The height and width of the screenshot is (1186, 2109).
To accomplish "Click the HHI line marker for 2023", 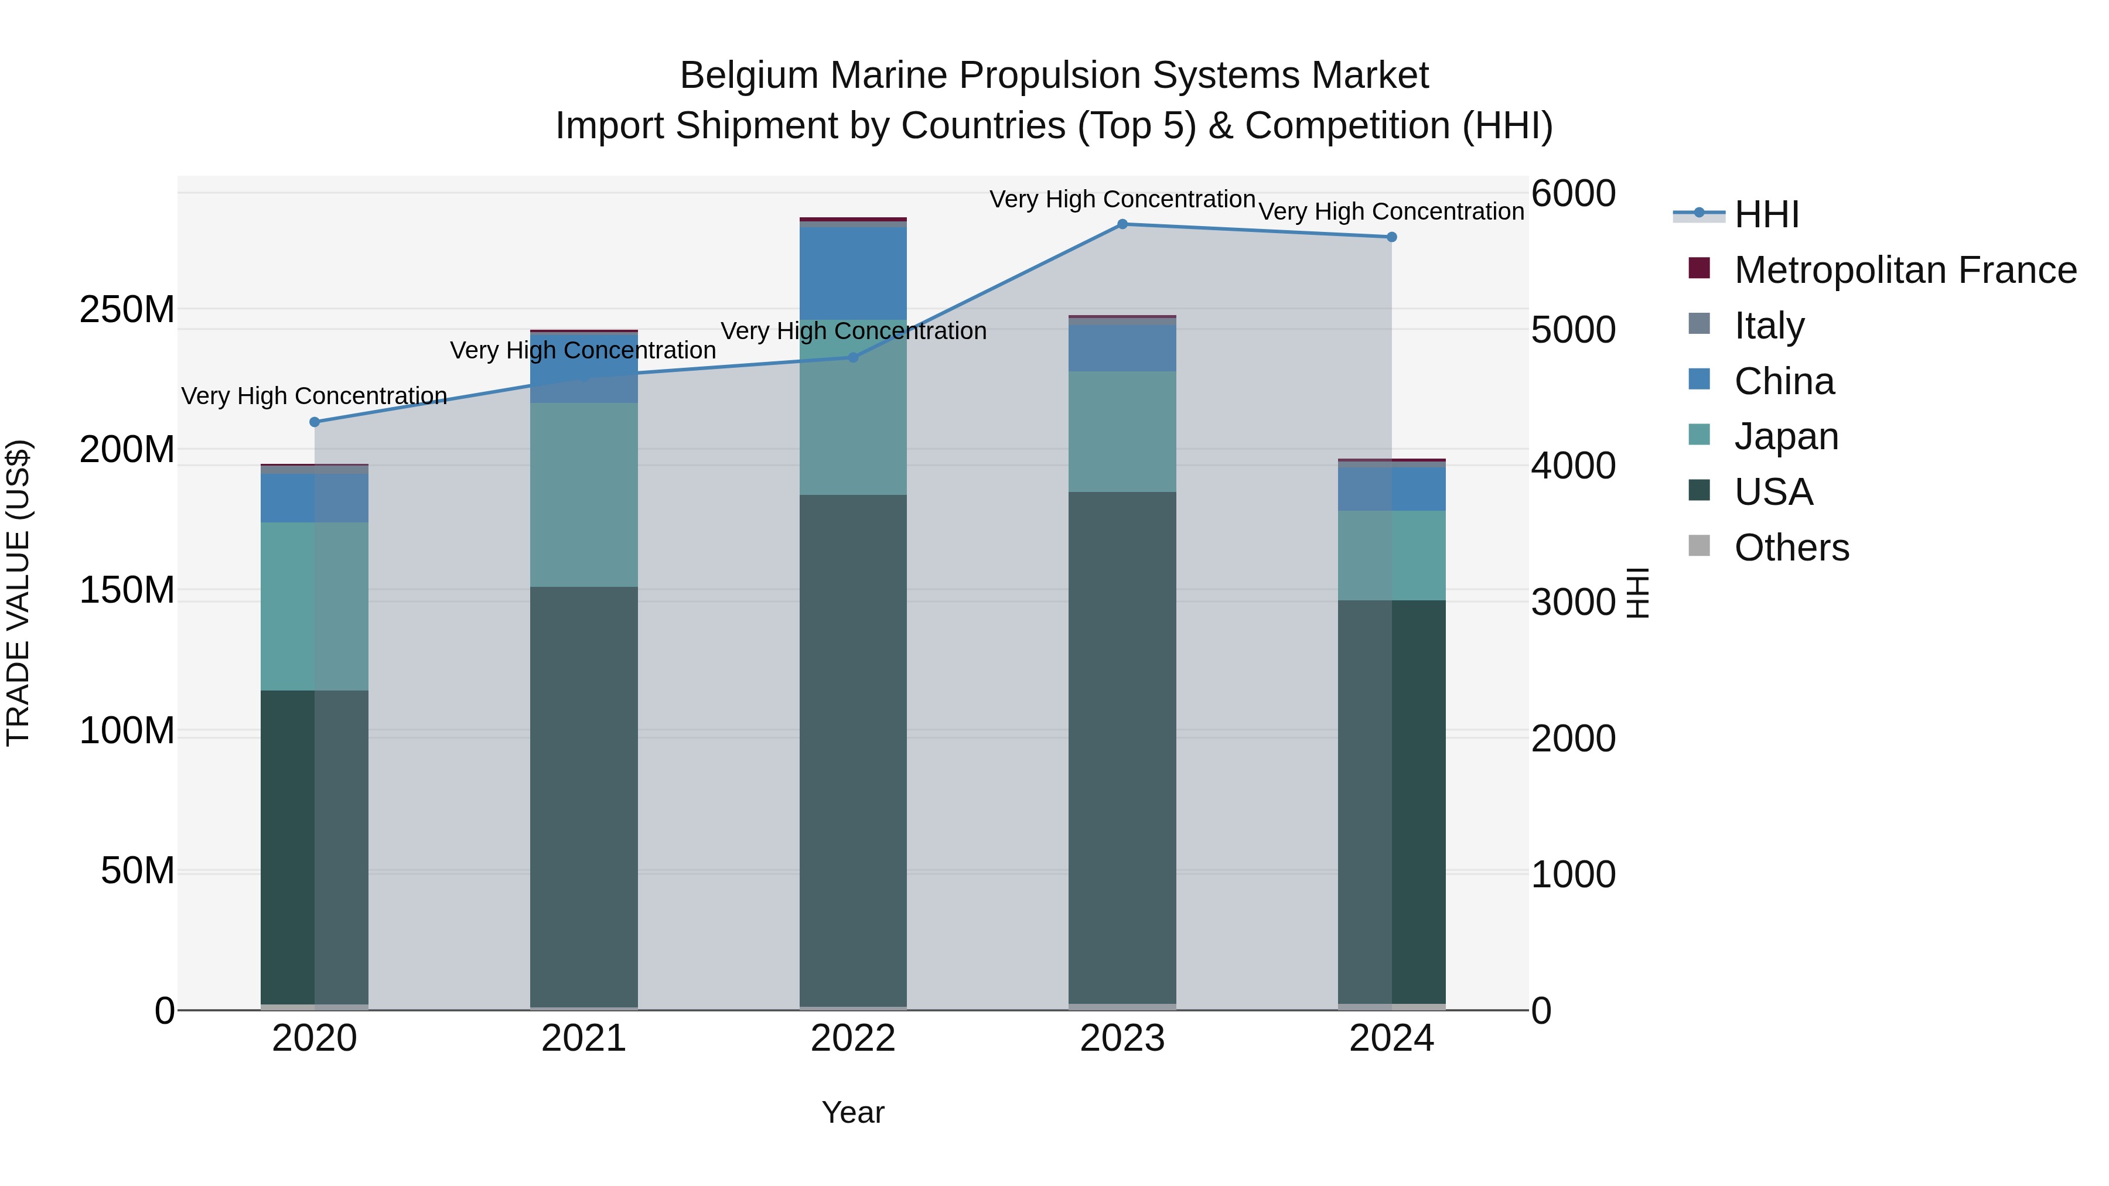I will click(1122, 224).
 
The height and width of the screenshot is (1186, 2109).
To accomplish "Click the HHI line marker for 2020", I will click(315, 422).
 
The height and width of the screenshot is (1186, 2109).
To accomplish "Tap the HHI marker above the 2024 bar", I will click(1392, 237).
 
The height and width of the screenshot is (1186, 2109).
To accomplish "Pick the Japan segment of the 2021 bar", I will click(583, 494).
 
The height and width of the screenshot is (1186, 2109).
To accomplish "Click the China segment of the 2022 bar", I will click(853, 272).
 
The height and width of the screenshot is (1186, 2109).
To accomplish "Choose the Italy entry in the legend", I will click(1769, 326).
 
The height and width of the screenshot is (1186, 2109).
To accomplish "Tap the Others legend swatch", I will click(1700, 546).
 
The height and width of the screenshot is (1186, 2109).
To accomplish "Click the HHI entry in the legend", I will click(1766, 214).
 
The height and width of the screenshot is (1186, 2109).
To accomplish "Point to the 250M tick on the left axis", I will click(127, 310).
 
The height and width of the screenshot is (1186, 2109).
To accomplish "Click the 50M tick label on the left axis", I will click(138, 871).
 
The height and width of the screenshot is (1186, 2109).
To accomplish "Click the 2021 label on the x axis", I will click(583, 1038).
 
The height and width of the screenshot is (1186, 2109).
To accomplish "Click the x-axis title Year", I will click(853, 1112).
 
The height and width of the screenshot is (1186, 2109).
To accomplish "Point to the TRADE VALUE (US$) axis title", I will click(19, 593).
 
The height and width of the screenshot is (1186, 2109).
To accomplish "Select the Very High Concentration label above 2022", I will click(853, 331).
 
